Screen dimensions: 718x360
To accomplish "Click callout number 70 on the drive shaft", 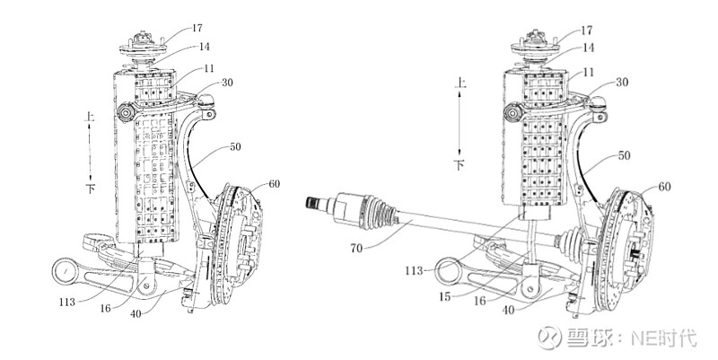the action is click(x=355, y=249).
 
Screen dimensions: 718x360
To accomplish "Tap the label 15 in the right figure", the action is click(x=444, y=297).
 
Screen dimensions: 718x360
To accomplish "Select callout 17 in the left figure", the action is click(x=197, y=29).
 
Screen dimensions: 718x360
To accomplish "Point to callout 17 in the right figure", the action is click(x=587, y=31).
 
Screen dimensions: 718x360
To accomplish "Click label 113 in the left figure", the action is click(x=66, y=303).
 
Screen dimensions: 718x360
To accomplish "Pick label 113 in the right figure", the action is click(x=414, y=271).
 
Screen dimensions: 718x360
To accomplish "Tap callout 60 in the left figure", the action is click(x=274, y=184).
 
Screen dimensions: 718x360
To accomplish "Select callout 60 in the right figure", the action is click(x=664, y=187).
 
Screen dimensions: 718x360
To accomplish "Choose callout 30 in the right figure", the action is click(x=622, y=83).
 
